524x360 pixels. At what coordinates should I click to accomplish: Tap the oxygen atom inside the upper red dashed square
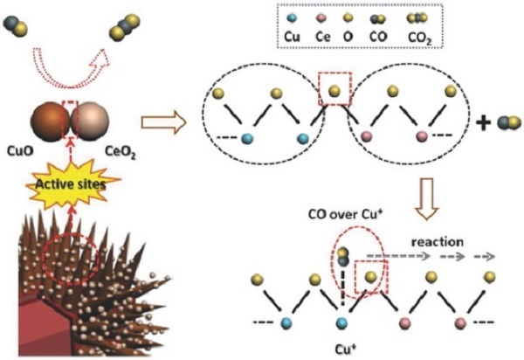tap(334, 86)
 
